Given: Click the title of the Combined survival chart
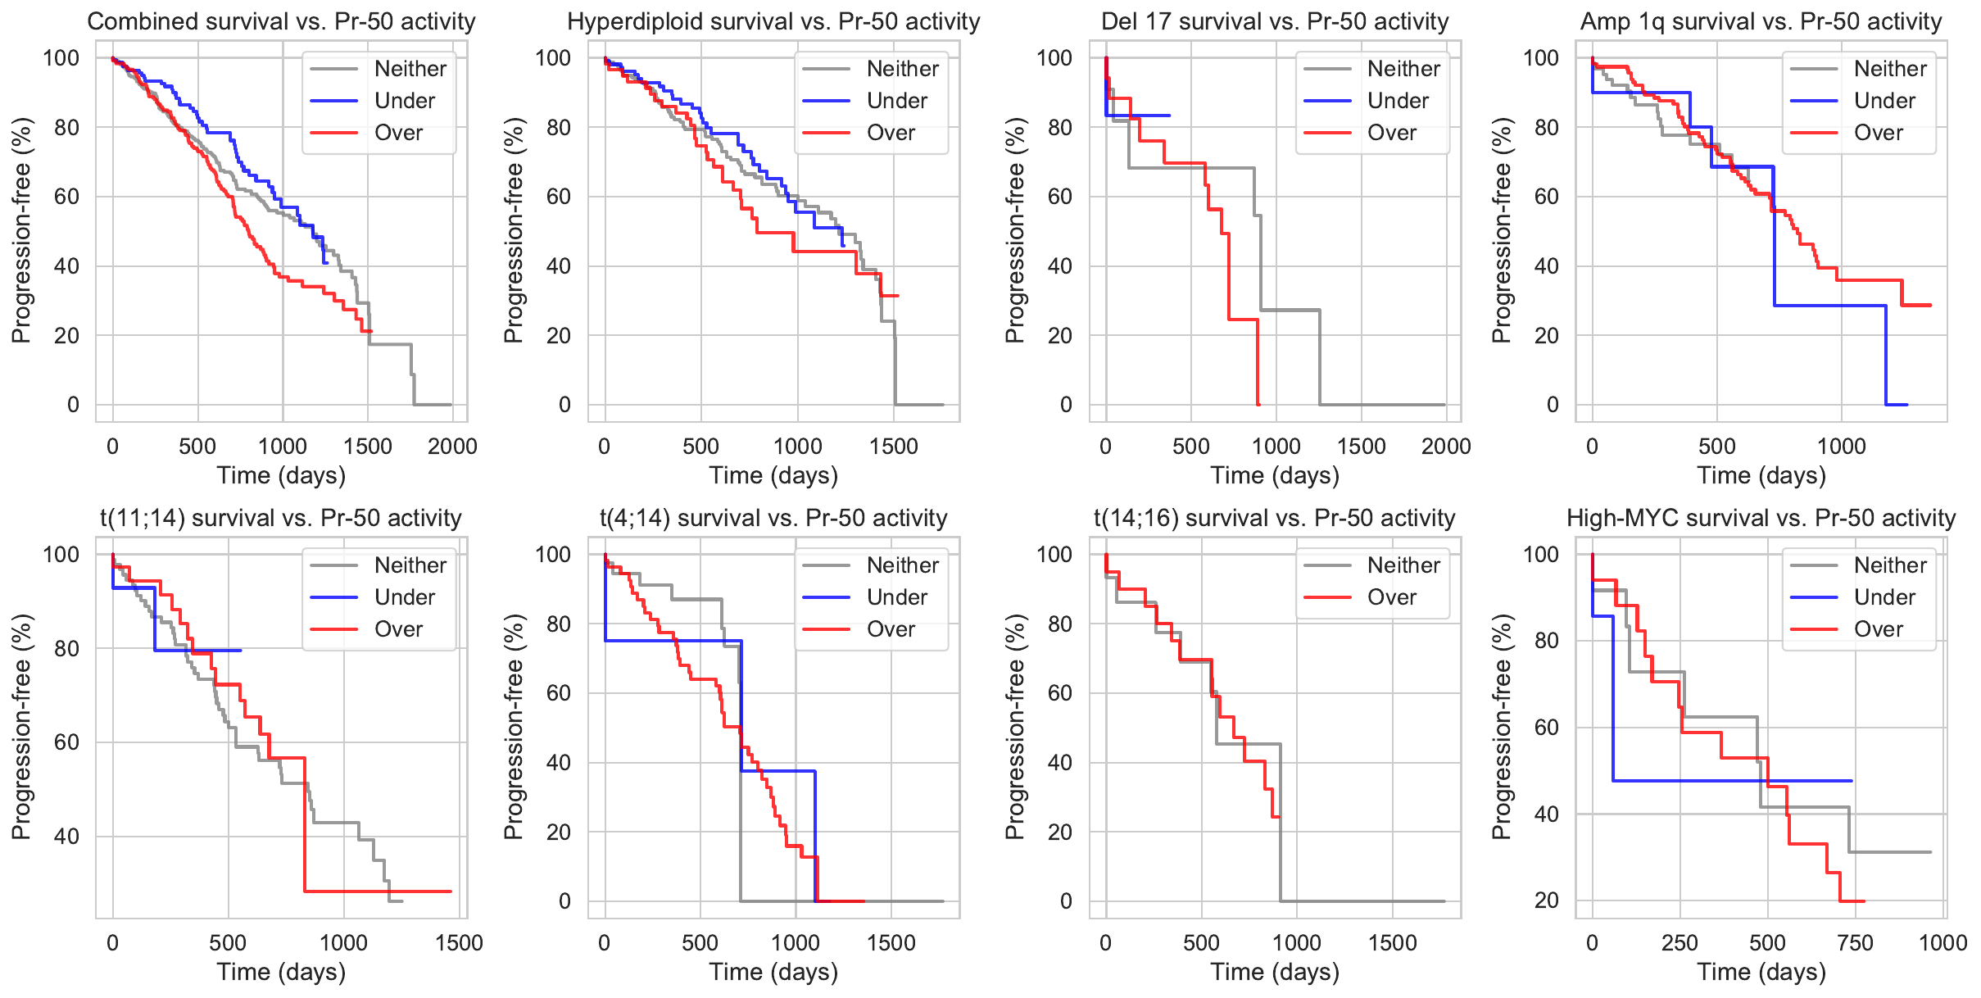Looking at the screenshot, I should tap(281, 21).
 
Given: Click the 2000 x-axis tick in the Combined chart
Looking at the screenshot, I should tap(452, 447).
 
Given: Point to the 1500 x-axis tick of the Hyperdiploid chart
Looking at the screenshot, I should tap(894, 447).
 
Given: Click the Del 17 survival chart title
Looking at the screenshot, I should tap(1275, 21).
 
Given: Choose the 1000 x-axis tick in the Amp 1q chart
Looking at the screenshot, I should tap(1842, 447).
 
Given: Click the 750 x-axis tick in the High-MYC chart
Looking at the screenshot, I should tap(1856, 943).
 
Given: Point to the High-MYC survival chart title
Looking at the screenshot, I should tap(1761, 518).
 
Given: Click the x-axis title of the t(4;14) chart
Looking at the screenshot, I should tap(773, 972).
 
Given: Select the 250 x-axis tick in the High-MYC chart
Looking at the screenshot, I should tap(1680, 943).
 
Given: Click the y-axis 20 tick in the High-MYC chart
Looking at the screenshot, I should tap(1546, 900).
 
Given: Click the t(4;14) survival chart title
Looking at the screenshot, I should tap(773, 518).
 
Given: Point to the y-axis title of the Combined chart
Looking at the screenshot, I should tap(21, 230).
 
